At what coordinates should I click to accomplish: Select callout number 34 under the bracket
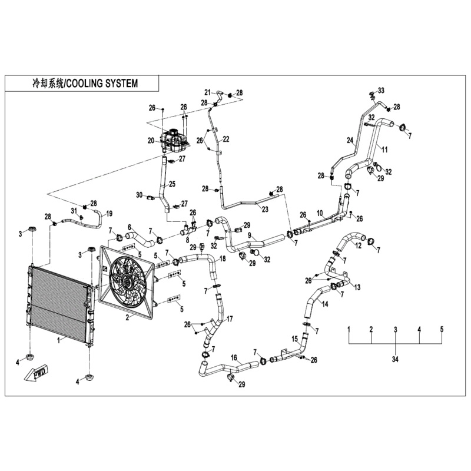click(395, 359)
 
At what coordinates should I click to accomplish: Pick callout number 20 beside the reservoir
click(151, 140)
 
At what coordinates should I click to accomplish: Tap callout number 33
click(381, 90)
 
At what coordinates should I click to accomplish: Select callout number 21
click(207, 92)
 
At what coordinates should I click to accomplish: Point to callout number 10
click(320, 213)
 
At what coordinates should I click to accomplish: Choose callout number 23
click(265, 209)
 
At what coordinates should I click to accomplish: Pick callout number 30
click(139, 195)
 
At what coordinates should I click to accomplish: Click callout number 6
click(131, 227)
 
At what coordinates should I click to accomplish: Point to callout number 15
click(295, 339)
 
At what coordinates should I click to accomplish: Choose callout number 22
click(225, 138)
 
